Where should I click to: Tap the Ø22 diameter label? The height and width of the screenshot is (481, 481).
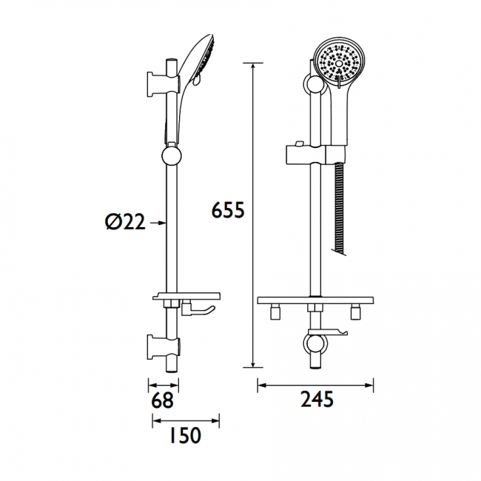point(124,221)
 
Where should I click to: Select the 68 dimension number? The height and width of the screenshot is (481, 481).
point(163,400)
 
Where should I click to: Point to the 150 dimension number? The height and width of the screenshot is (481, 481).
point(180,436)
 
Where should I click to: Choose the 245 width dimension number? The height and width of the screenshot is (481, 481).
point(317,400)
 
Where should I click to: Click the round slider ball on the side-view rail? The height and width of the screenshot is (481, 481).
point(170,158)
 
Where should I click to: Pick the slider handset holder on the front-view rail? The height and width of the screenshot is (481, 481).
point(314,155)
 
